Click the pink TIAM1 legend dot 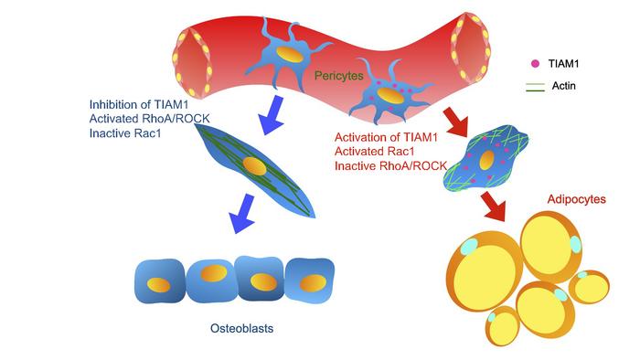tap(535, 65)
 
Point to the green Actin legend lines tap(536, 87)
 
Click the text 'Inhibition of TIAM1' tap(136, 103)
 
